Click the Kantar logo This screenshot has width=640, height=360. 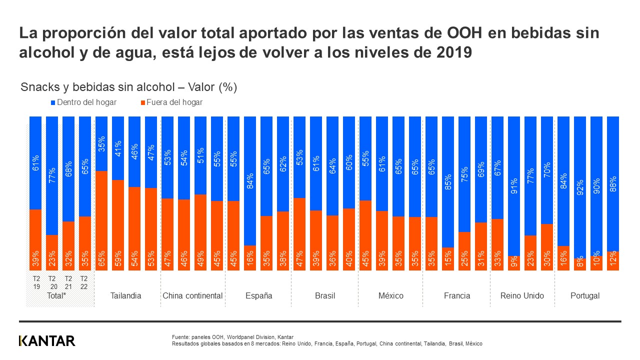(x=47, y=341)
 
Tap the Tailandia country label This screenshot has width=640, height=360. (x=125, y=295)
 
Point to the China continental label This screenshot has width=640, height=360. (x=192, y=295)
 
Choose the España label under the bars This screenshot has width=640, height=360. (x=258, y=295)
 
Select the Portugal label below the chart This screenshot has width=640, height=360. (x=585, y=295)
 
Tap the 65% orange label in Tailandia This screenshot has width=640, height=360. (x=101, y=259)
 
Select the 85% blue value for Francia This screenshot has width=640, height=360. (x=448, y=182)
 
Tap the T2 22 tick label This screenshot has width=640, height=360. (x=84, y=282)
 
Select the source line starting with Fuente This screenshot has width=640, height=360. (x=232, y=337)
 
